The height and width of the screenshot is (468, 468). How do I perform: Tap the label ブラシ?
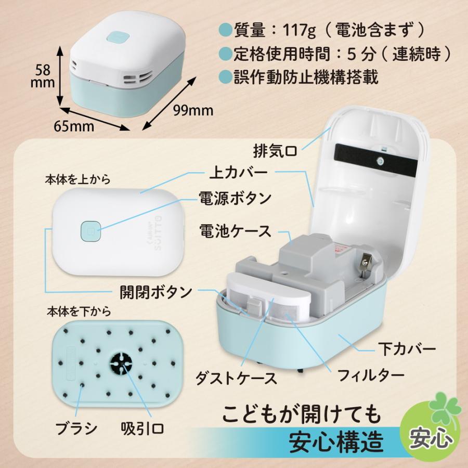click(x=76, y=430)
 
